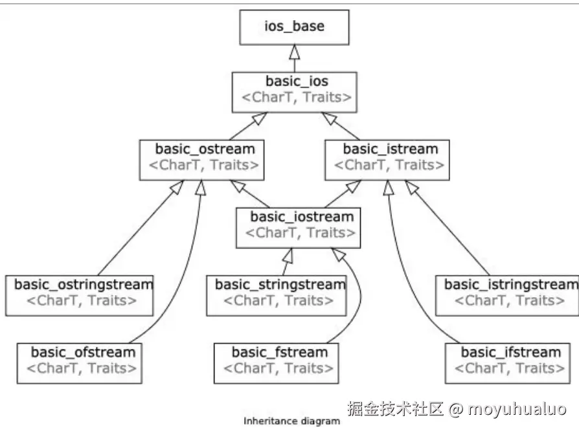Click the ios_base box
click(294, 27)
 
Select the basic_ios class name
click(297, 82)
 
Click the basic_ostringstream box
click(80, 293)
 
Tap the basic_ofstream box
click(82, 360)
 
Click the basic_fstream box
click(279, 360)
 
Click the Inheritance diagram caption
click(291, 421)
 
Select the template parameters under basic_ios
click(297, 98)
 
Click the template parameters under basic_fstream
click(279, 369)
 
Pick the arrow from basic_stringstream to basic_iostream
click(286, 261)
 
